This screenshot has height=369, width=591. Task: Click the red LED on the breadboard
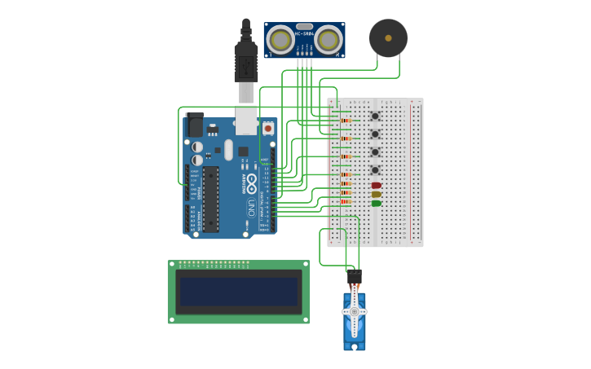coord(376,186)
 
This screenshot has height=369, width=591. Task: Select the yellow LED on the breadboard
coord(376,195)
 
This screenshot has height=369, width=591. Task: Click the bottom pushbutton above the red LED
coord(375,170)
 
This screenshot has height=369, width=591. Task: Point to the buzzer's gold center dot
coord(388,37)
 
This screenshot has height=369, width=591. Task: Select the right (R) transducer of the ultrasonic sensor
coord(329,39)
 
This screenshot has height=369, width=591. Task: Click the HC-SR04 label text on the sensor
coord(304,33)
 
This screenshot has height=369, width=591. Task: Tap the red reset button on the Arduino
coord(267,128)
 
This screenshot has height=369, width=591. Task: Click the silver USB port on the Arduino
coord(246,119)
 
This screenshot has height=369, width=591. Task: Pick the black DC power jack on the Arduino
coord(195,125)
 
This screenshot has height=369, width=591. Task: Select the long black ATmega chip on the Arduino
coord(211,200)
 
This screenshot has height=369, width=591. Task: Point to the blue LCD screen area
coord(239,292)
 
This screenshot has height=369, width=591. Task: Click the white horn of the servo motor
coord(355,312)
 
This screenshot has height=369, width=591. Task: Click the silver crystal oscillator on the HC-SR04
coord(304,26)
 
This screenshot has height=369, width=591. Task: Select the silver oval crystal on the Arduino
coord(229,150)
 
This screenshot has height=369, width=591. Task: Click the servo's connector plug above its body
coord(355,278)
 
